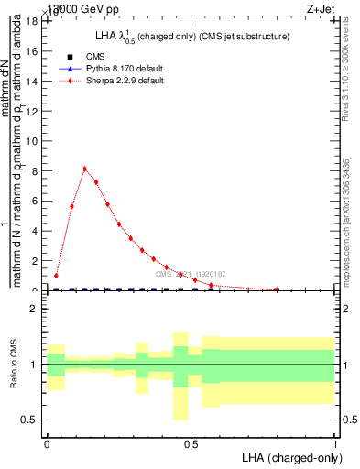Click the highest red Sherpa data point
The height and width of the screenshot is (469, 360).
click(84, 169)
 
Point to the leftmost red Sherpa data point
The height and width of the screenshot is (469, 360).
click(56, 276)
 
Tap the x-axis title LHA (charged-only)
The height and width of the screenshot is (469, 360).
click(287, 456)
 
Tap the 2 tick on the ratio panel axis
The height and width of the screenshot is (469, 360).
click(34, 310)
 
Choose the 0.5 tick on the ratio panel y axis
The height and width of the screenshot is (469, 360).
click(30, 420)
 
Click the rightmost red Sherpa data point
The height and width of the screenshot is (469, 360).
click(277, 289)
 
